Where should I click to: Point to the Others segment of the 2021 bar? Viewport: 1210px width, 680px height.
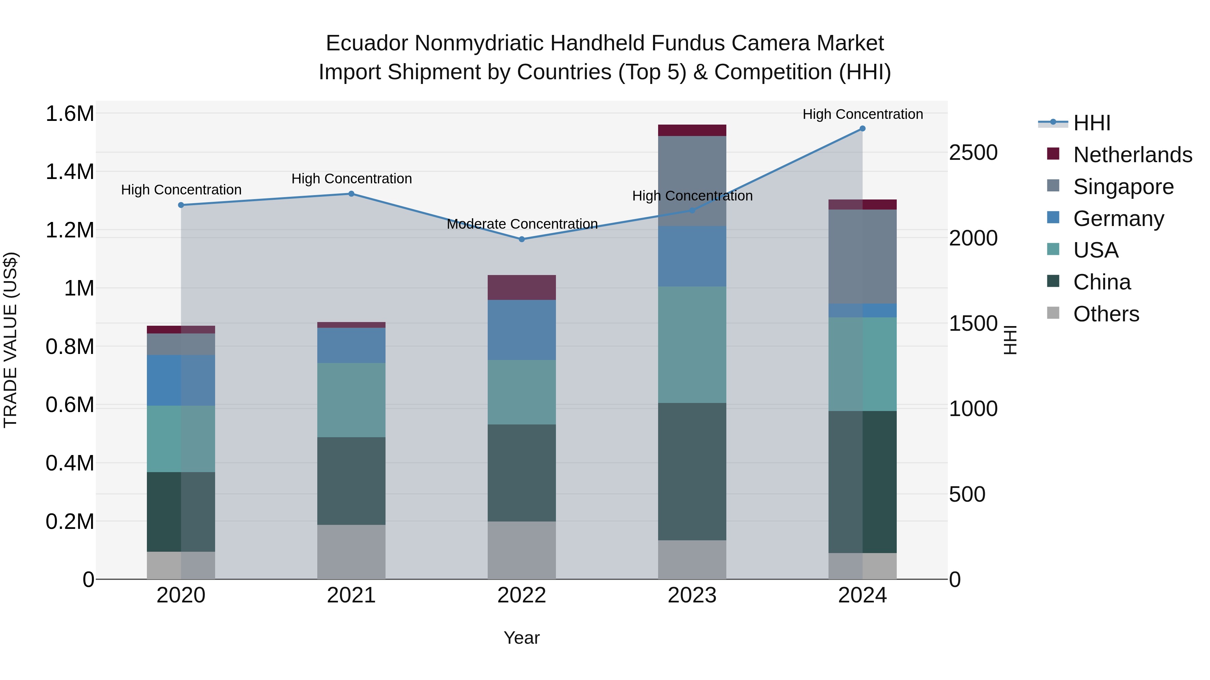coord(351,551)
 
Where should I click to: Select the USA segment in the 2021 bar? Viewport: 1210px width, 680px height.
coord(351,400)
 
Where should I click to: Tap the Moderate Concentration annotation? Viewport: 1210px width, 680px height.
coord(522,224)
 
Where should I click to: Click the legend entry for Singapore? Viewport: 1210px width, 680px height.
coord(1123,187)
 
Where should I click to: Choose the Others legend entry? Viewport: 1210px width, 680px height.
coord(1106,314)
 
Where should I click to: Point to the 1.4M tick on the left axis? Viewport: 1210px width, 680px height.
coord(70,172)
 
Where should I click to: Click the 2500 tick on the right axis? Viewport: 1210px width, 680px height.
coord(973,153)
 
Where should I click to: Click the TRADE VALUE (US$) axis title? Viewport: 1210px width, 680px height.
coord(11,340)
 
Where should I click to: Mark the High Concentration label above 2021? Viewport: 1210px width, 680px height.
coord(351,179)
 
